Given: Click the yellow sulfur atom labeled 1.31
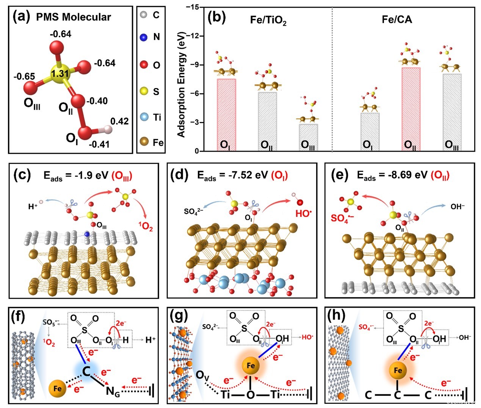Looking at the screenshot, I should pyautogui.click(x=60, y=74).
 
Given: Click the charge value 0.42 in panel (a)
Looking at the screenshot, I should pyautogui.click(x=119, y=121).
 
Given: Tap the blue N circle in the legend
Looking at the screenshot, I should pyautogui.click(x=144, y=37).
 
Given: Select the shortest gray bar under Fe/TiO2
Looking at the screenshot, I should pyautogui.click(x=309, y=137).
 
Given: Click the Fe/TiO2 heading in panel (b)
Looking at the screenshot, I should pyautogui.click(x=268, y=20).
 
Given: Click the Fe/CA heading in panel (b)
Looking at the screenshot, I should pyautogui.click(x=396, y=19).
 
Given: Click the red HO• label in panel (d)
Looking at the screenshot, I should pyautogui.click(x=303, y=213).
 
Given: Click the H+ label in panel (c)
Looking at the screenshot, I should pyautogui.click(x=33, y=207).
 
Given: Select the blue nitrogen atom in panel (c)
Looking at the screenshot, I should pyautogui.click(x=87, y=235).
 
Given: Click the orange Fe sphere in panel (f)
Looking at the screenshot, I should pyautogui.click(x=57, y=388).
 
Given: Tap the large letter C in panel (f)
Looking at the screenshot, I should pyautogui.click(x=86, y=371).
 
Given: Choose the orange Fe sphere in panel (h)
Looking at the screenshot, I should pyautogui.click(x=398, y=370).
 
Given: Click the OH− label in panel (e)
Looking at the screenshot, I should pyautogui.click(x=457, y=207).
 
